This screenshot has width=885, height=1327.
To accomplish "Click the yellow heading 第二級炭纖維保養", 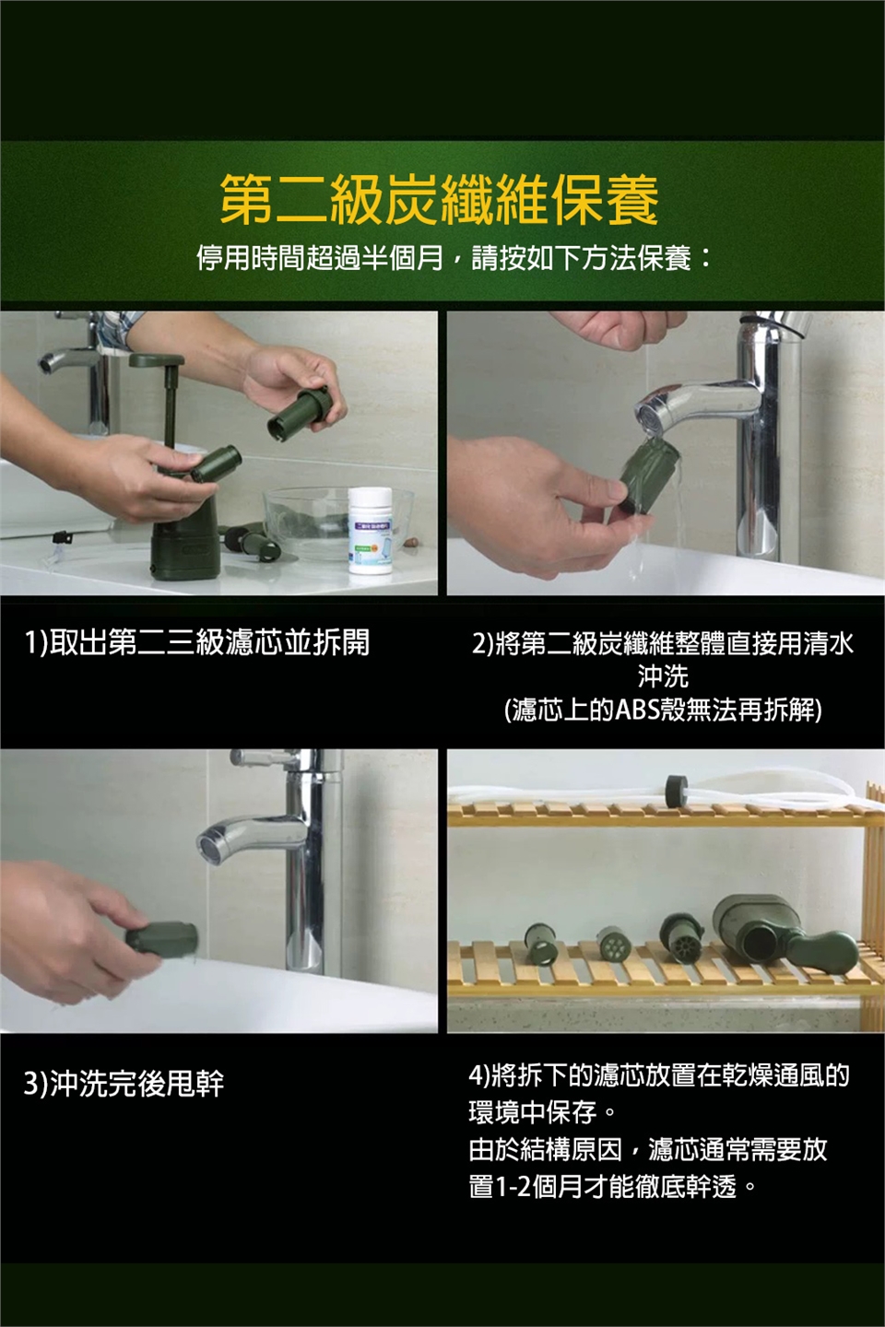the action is click(439, 200).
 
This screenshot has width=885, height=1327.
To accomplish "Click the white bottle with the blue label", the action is click(371, 530).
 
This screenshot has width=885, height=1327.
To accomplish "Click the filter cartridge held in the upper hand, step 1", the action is click(300, 412).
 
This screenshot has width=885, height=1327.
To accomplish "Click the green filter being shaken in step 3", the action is click(161, 938).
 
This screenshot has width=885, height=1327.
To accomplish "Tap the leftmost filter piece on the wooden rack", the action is click(540, 943).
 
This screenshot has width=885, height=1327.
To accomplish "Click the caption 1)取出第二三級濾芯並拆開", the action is click(196, 642).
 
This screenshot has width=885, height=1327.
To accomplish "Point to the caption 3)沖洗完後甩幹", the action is click(124, 1084).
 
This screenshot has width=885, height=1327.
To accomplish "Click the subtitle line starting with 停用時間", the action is click(454, 258).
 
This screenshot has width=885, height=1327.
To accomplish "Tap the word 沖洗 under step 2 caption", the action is click(663, 676).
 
